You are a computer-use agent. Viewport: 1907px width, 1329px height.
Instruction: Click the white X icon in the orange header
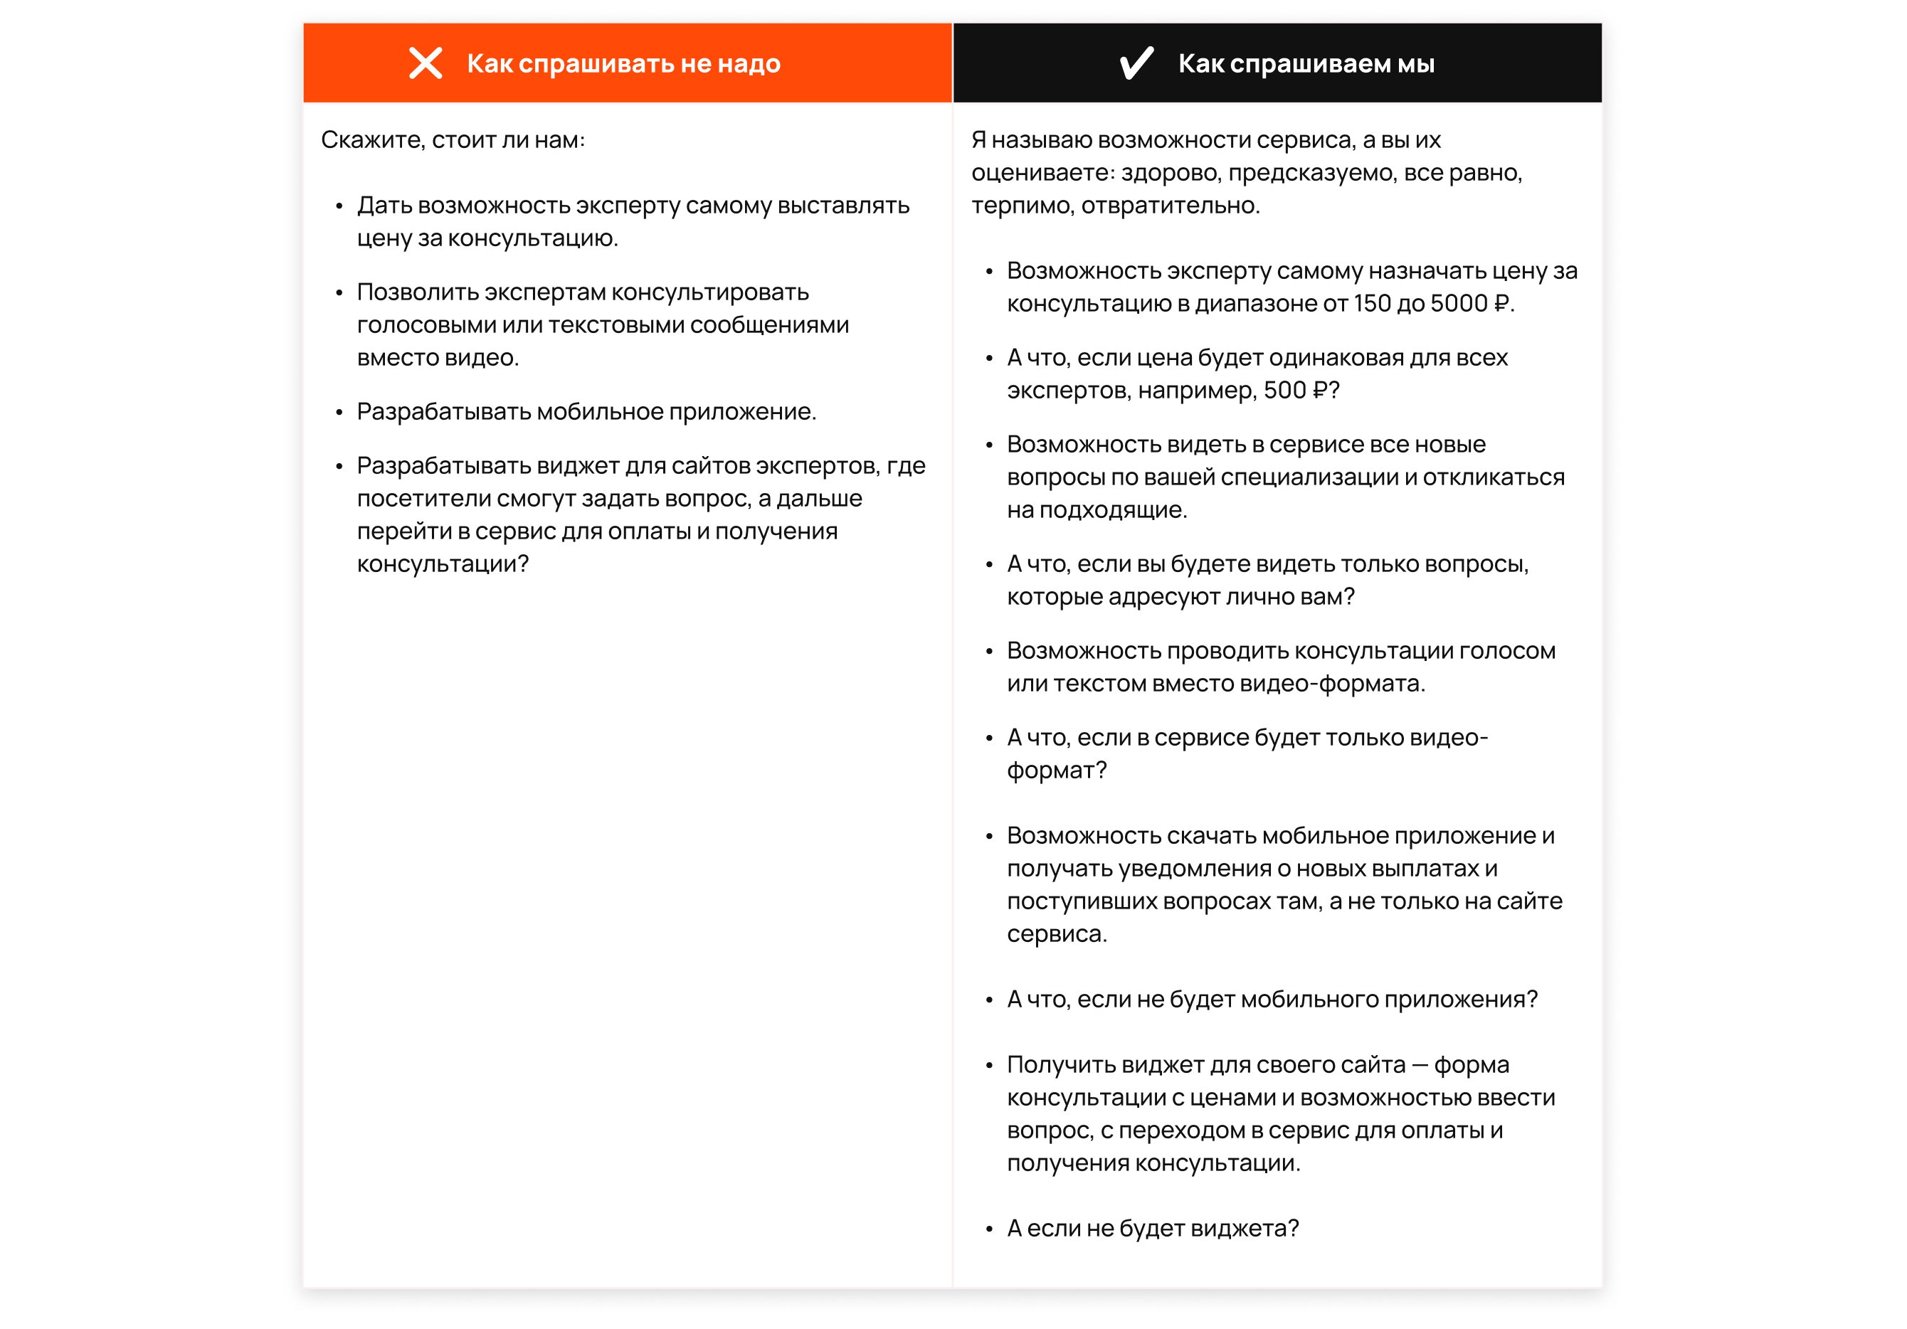[426, 63]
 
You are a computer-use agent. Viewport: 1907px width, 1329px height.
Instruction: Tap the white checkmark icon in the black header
[1136, 63]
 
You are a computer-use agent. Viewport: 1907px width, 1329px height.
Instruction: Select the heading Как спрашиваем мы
[1306, 63]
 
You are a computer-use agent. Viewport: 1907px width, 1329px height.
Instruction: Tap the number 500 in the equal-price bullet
[1284, 390]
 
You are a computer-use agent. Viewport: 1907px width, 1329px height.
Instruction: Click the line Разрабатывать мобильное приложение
[586, 411]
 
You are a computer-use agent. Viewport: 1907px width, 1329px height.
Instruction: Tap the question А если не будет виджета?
[1152, 1228]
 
